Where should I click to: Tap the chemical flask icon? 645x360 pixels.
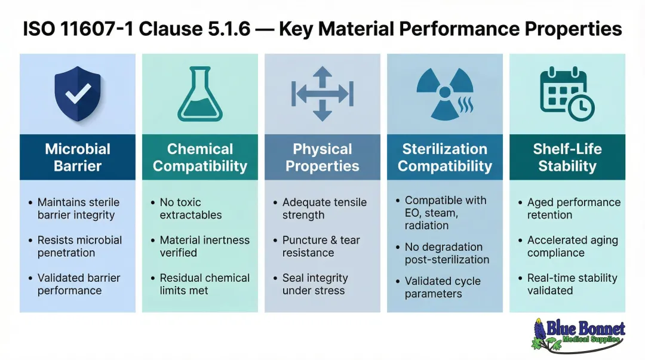click(x=200, y=94)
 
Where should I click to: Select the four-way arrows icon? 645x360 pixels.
click(x=322, y=94)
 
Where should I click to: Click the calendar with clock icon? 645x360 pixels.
click(x=566, y=94)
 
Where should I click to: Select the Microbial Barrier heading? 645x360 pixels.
click(x=78, y=157)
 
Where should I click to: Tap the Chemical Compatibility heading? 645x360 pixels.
click(x=200, y=157)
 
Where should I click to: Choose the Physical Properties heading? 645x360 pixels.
click(x=322, y=157)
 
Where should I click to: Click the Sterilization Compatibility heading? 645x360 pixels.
click(x=445, y=157)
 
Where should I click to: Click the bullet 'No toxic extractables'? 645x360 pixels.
click(x=190, y=208)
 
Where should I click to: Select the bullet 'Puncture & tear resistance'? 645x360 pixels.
click(x=321, y=246)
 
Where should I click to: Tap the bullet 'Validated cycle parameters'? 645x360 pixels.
click(x=442, y=287)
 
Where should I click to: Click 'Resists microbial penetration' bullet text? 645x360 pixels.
click(x=79, y=246)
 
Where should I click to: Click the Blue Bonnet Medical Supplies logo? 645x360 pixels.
click(x=578, y=334)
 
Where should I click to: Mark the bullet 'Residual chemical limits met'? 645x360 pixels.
click(x=204, y=284)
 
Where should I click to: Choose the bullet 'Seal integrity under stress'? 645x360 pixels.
click(x=315, y=284)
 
